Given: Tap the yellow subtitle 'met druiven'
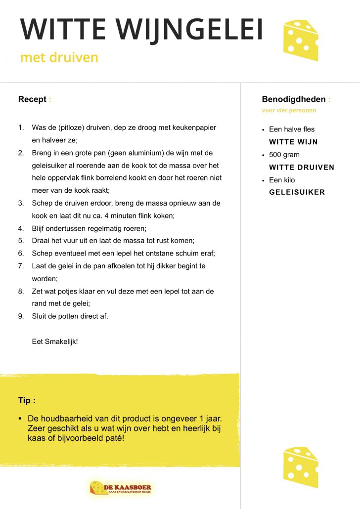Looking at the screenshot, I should click(x=59, y=58).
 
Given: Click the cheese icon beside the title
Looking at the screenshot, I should click(x=300, y=40).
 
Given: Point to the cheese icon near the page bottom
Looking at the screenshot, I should click(x=300, y=467).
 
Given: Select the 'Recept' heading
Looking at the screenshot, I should click(x=32, y=99).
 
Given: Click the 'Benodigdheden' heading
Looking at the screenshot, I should click(x=294, y=99).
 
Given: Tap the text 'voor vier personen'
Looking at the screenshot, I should click(x=289, y=111).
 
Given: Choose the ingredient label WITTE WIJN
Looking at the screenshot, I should click(x=293, y=142).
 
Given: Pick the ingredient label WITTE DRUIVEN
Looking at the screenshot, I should click(x=302, y=168).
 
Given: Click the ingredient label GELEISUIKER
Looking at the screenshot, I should click(x=297, y=193).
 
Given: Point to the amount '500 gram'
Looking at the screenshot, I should click(x=284, y=155).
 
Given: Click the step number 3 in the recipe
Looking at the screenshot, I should click(x=21, y=203).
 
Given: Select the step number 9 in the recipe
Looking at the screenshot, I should click(x=21, y=316).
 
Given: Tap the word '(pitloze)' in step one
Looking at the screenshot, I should click(x=72, y=127).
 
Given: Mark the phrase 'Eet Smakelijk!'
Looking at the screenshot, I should click(x=55, y=341).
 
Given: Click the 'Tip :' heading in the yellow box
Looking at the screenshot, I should click(x=27, y=400).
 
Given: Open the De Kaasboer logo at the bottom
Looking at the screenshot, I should click(x=121, y=489).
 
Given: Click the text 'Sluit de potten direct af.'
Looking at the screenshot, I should click(x=70, y=316).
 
